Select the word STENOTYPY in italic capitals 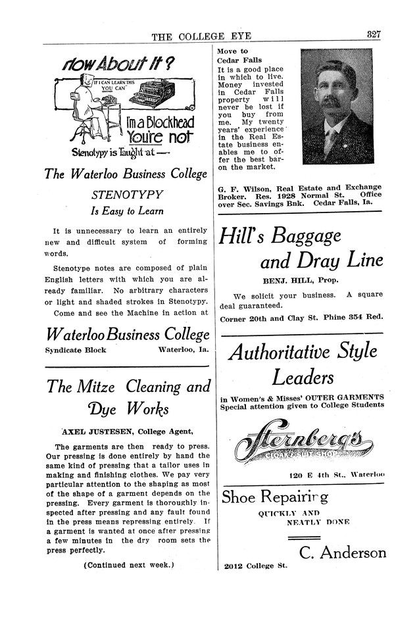pos(126,195)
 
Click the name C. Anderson pos(342,552)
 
